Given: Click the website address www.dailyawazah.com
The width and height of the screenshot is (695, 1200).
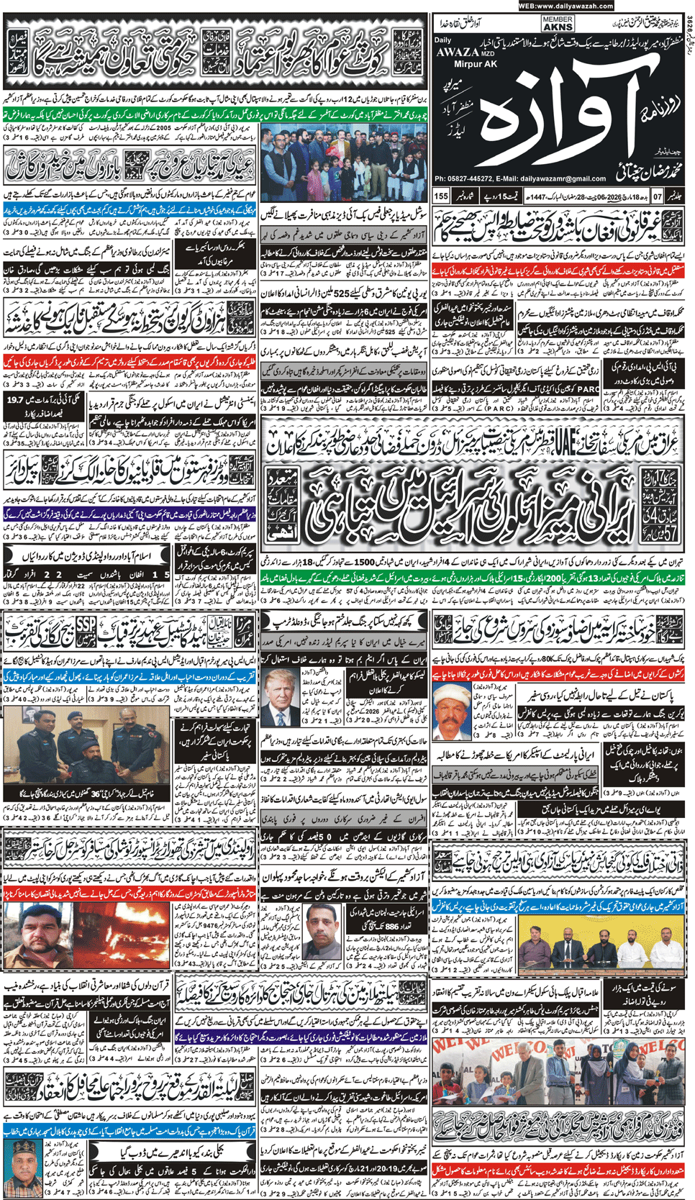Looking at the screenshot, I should pos(565,6).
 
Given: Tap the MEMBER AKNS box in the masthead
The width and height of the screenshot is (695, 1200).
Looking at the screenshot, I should pos(558,24).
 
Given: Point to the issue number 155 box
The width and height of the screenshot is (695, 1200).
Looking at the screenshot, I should pos(441,196).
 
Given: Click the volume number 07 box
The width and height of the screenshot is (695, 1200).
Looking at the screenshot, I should pos(657,196).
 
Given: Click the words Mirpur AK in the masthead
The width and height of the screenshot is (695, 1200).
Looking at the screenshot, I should pos(455,63).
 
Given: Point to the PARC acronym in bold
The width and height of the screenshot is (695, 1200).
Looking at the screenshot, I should pos(587,389).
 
